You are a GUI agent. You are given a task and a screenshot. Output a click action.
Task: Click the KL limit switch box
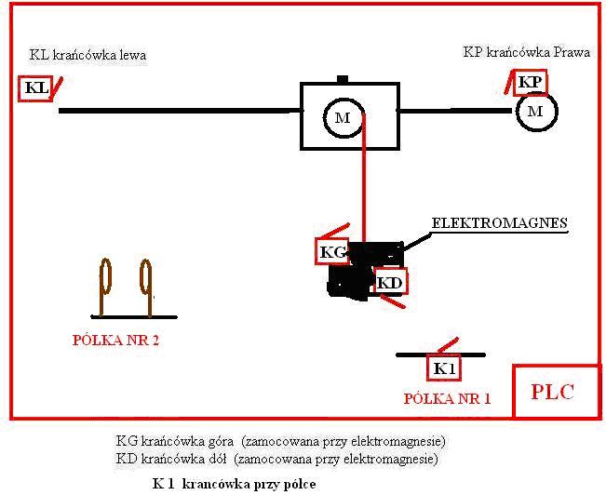pos(34,88)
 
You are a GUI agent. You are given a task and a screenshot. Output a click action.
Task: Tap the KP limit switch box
pos(530,82)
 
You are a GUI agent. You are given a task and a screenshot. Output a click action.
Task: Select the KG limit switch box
pos(332,252)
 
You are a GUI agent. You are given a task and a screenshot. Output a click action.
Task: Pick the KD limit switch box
pos(390,283)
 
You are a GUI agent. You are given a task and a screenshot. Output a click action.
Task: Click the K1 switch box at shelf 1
pos(444,368)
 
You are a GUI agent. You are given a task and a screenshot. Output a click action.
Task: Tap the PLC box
pos(556,391)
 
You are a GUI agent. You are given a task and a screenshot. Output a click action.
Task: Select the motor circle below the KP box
pos(536,112)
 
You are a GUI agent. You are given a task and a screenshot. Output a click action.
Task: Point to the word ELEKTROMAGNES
pos(499,223)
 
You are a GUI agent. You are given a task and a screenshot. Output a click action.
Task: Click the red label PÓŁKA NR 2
pos(115,341)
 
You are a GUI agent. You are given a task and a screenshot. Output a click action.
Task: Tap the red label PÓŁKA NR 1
pos(447,399)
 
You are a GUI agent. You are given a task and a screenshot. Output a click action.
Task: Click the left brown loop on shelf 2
pos(104,288)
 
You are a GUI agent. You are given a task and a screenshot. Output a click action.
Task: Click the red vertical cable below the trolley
pos(364,178)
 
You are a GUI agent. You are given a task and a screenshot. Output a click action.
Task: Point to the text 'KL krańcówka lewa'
pos(88,55)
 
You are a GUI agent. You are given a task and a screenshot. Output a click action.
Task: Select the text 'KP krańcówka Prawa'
pos(526,52)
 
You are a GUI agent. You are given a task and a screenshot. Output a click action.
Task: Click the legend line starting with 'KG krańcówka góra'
pos(280,441)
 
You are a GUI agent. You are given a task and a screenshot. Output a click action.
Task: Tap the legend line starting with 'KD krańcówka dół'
pos(277,459)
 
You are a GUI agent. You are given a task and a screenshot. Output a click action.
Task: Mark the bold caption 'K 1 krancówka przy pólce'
pos(235,484)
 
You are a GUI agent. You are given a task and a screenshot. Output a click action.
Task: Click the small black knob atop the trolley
pos(343,79)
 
